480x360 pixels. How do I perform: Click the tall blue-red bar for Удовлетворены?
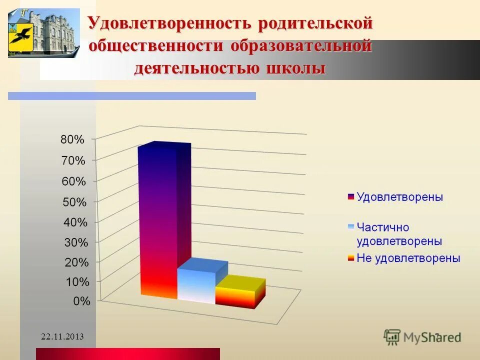[158, 220]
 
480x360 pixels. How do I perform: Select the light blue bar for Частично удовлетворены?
[196, 285]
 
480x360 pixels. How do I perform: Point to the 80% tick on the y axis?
[72, 140]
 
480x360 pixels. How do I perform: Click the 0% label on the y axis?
[81, 301]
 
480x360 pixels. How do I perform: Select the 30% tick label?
[75, 242]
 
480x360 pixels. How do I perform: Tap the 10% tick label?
[77, 282]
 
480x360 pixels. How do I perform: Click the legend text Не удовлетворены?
[408, 258]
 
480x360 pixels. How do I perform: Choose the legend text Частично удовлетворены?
[399, 233]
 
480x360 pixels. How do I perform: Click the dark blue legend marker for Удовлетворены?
[350, 197]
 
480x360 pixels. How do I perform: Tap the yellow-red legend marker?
[350, 258]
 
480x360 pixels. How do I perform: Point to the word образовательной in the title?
[301, 45]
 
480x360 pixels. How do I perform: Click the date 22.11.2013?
[62, 336]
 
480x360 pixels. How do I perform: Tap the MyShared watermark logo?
[422, 336]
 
